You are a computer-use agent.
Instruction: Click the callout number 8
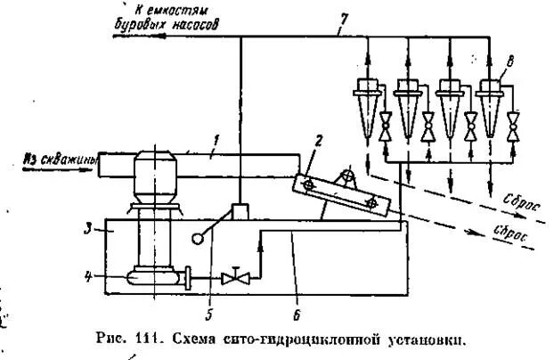click(509, 62)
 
